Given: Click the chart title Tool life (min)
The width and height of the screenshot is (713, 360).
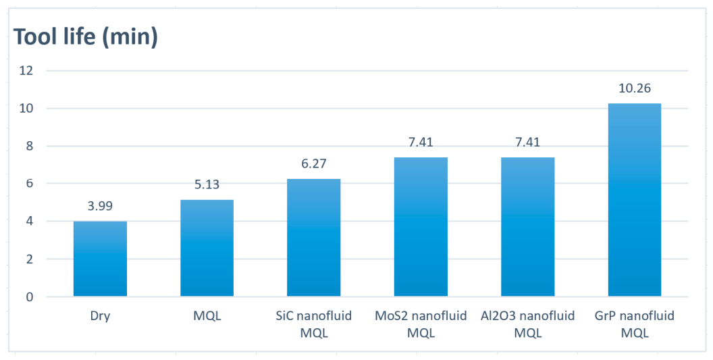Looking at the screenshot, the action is [x=86, y=37].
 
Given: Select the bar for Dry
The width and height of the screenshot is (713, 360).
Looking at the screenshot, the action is [x=100, y=259].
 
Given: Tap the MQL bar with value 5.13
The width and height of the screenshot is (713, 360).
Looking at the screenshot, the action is [x=207, y=248].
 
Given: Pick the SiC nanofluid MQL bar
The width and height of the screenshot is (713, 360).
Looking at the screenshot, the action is [x=314, y=238].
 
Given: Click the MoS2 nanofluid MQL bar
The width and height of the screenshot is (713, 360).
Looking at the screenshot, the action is [x=421, y=227].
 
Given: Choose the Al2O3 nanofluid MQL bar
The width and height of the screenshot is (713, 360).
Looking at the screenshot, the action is [x=528, y=227].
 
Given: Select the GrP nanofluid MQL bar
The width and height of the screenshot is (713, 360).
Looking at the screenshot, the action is [x=635, y=200].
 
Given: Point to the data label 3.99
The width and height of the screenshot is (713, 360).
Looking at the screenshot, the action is [x=100, y=206].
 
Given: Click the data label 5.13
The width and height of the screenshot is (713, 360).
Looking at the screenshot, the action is [x=207, y=184].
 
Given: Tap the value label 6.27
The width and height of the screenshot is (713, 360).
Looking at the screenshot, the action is [x=314, y=163].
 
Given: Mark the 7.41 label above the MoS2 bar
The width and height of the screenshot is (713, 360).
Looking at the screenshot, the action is [x=421, y=142].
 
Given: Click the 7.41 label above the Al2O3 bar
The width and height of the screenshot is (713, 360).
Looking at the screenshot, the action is [x=528, y=142].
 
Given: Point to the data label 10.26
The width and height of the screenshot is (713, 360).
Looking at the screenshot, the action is [x=635, y=88].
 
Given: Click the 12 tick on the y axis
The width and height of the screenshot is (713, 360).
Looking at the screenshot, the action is [x=26, y=70].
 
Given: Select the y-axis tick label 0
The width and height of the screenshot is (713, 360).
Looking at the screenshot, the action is [x=30, y=297].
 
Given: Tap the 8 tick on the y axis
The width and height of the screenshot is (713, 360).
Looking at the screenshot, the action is [x=30, y=146].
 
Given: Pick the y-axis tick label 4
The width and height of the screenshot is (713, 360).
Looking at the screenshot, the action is [x=30, y=222].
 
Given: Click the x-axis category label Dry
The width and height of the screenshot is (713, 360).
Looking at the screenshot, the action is [x=100, y=316].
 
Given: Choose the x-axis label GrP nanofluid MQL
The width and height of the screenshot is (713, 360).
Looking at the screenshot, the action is [x=635, y=324].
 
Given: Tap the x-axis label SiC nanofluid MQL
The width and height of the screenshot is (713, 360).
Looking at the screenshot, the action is [x=314, y=324].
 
